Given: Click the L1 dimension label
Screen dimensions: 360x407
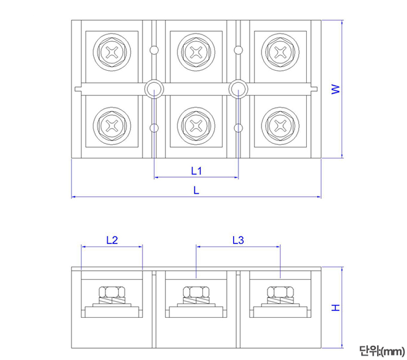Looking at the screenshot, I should point(196,171).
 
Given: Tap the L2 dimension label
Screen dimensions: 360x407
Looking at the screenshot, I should point(112,240).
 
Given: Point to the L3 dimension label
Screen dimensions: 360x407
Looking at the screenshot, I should point(238,240).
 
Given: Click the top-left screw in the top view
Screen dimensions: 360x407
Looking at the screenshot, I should point(112,51).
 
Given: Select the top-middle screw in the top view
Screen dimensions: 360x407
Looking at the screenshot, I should point(196,51).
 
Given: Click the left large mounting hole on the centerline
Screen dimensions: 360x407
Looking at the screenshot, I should point(154,89).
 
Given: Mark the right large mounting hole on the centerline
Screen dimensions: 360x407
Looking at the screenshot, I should point(238,89).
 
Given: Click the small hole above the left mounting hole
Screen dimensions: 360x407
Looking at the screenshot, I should point(154,50).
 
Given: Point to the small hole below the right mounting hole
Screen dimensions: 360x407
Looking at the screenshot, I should point(238,128).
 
